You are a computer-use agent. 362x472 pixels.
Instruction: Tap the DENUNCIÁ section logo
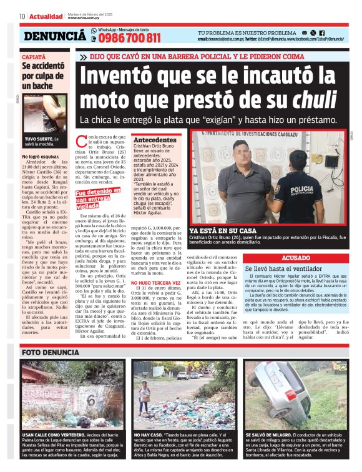point(55,37)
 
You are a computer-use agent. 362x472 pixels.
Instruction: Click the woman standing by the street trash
point(148,388)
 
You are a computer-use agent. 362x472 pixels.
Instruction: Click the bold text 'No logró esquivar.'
point(41,156)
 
